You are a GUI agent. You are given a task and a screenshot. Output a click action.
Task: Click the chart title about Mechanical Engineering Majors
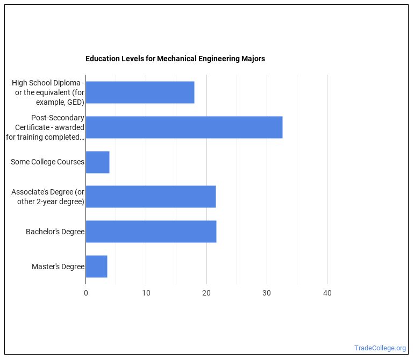coord(175,59)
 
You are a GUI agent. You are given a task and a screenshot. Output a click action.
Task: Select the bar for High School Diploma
coord(140,92)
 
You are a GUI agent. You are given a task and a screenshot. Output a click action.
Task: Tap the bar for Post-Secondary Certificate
coord(184,127)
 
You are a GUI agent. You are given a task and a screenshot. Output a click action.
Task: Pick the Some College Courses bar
coord(97,162)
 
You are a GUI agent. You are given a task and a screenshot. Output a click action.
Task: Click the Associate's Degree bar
coord(151,197)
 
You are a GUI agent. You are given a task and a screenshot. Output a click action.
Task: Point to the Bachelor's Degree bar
coord(151,232)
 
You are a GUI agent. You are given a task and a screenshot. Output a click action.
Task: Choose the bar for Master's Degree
coord(96,267)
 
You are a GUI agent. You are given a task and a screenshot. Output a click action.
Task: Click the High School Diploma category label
coord(48,92)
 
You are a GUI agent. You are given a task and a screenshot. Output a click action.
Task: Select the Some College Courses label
coord(47,162)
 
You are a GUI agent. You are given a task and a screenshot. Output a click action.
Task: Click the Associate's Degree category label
coord(48,197)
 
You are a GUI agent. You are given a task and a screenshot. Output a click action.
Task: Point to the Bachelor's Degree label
coord(55,232)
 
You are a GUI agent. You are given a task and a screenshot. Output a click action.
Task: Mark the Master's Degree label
coord(58,267)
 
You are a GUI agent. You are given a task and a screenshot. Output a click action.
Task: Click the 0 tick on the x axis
coord(86,293)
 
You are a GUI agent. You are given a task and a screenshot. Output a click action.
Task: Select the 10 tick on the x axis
coord(146,293)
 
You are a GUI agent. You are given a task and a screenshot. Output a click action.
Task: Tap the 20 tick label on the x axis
coord(206,293)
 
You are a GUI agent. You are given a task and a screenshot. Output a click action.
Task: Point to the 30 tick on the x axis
coord(267,293)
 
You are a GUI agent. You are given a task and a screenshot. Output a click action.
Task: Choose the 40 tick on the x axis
coord(327,293)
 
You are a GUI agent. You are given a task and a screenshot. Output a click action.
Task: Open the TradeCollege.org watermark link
coord(380,348)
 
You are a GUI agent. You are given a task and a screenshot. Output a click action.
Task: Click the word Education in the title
coord(102,59)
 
